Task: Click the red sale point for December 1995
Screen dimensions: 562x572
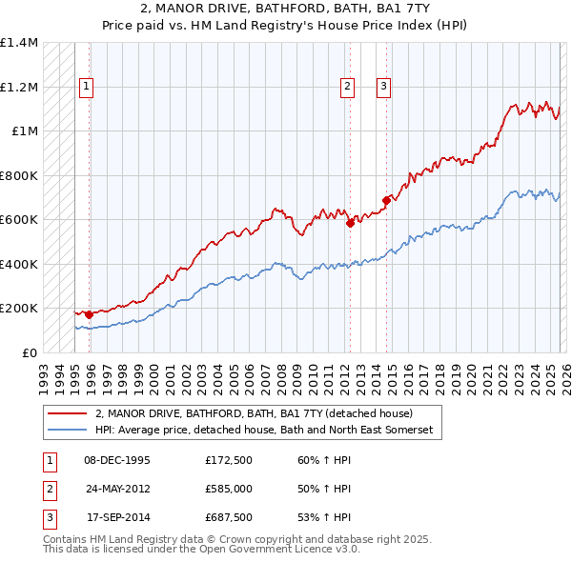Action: (x=90, y=314)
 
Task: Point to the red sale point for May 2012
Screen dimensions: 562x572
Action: (x=350, y=223)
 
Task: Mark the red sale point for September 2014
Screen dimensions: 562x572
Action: (x=387, y=200)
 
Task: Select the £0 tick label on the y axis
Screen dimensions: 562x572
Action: (x=31, y=352)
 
